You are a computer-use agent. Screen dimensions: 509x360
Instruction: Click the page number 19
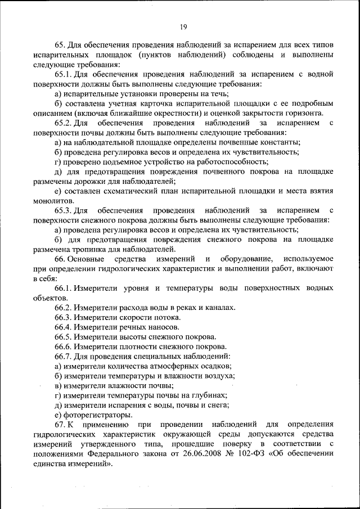click(x=183, y=26)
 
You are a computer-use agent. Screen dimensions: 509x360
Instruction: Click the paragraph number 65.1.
click(x=64, y=74)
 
